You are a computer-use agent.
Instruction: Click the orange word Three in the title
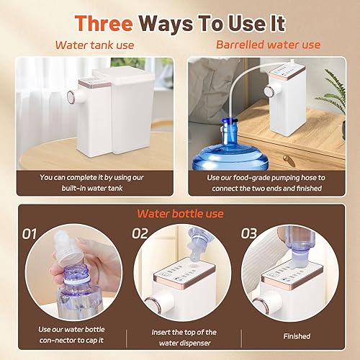coord(104,23)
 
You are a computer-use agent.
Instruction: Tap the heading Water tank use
coord(94,45)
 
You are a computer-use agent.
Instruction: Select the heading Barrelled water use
coord(268,45)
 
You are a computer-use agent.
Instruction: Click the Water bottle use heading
coord(180,214)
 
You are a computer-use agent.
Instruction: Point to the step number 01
coord(30,234)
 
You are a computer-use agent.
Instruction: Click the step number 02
coord(140,233)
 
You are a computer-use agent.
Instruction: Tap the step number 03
coord(249,233)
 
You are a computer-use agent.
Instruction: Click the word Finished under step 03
coord(297,336)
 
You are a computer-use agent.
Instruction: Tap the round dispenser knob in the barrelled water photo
coord(268,91)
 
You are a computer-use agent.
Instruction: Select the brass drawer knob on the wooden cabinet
coord(288,160)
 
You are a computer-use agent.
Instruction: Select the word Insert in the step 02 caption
coord(161,332)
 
